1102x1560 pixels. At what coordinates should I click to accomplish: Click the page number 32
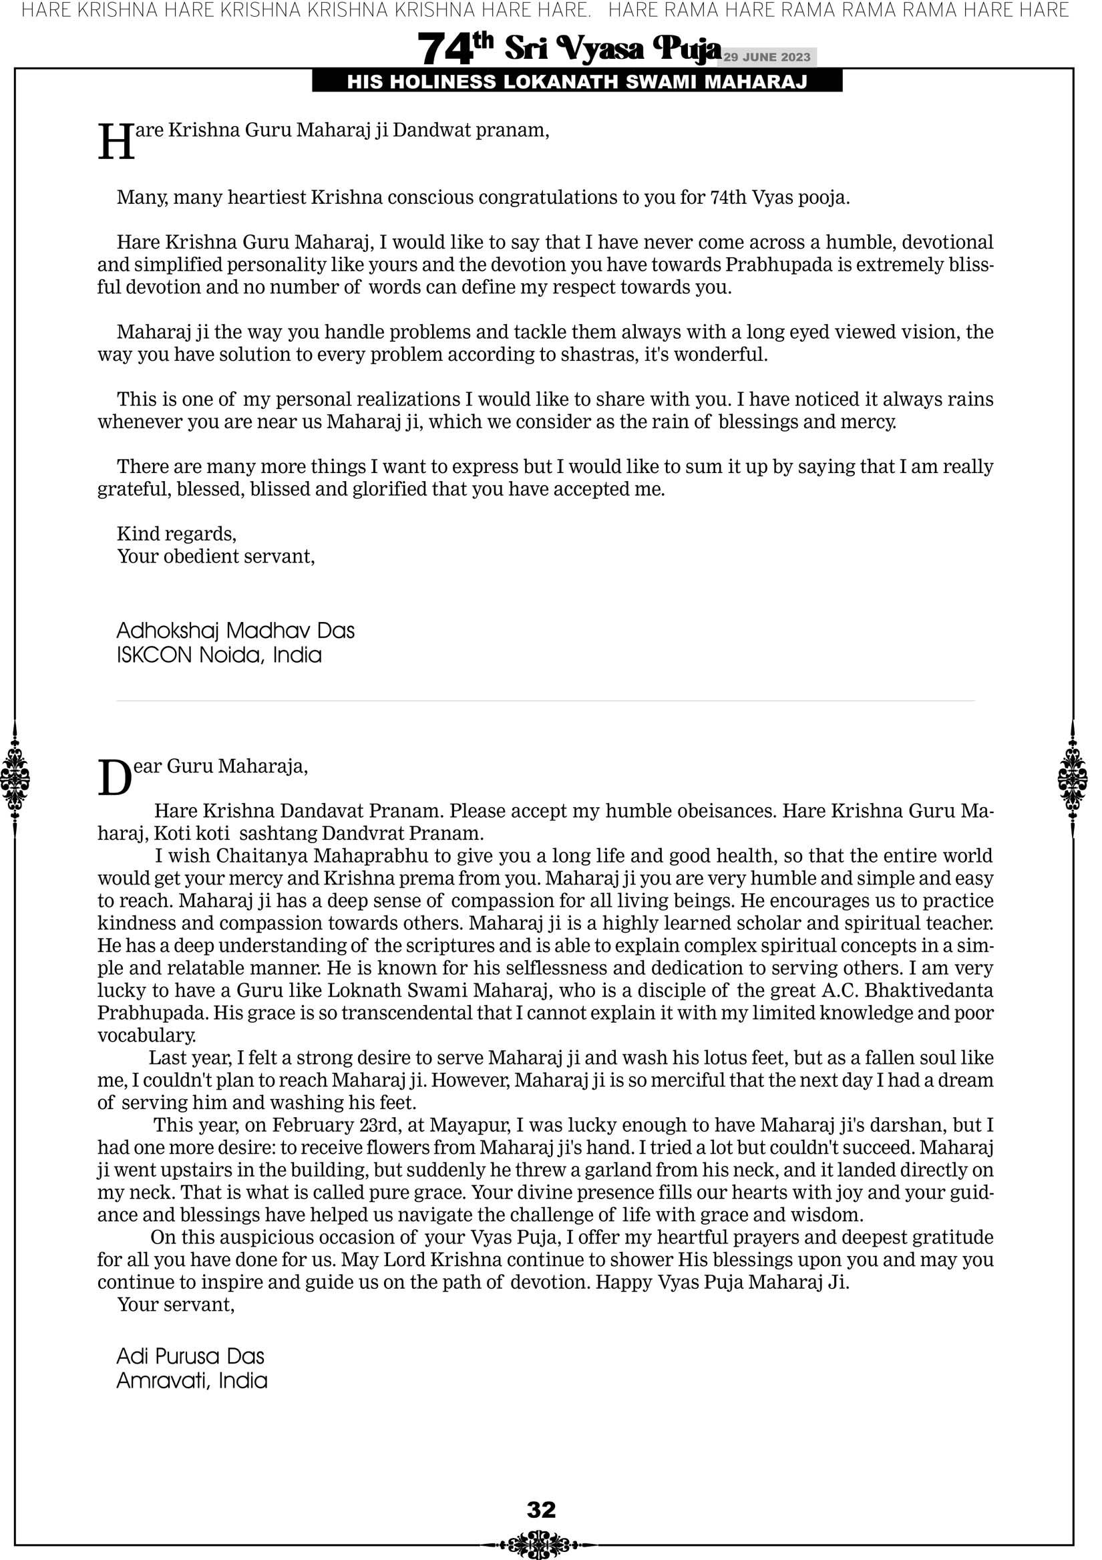(541, 1509)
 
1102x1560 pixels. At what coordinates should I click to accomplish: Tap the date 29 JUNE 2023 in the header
(766, 57)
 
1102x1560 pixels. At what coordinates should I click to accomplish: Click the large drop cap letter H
(116, 143)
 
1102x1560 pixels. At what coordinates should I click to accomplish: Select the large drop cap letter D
(115, 778)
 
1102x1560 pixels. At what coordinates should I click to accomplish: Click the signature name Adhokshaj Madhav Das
(235, 631)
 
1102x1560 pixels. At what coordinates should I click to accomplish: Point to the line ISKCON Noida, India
(219, 655)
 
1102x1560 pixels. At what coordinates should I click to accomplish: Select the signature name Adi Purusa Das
(190, 1356)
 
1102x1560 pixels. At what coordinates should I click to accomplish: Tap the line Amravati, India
(192, 1381)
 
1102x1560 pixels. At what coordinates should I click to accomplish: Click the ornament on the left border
(15, 778)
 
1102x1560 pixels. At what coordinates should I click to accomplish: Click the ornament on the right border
(1072, 778)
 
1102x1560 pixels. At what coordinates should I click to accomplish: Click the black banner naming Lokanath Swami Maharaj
(577, 82)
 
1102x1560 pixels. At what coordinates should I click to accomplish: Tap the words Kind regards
(176, 534)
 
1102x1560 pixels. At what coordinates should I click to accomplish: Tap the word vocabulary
(146, 1036)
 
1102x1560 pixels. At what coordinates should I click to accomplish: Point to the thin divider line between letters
(545, 701)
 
